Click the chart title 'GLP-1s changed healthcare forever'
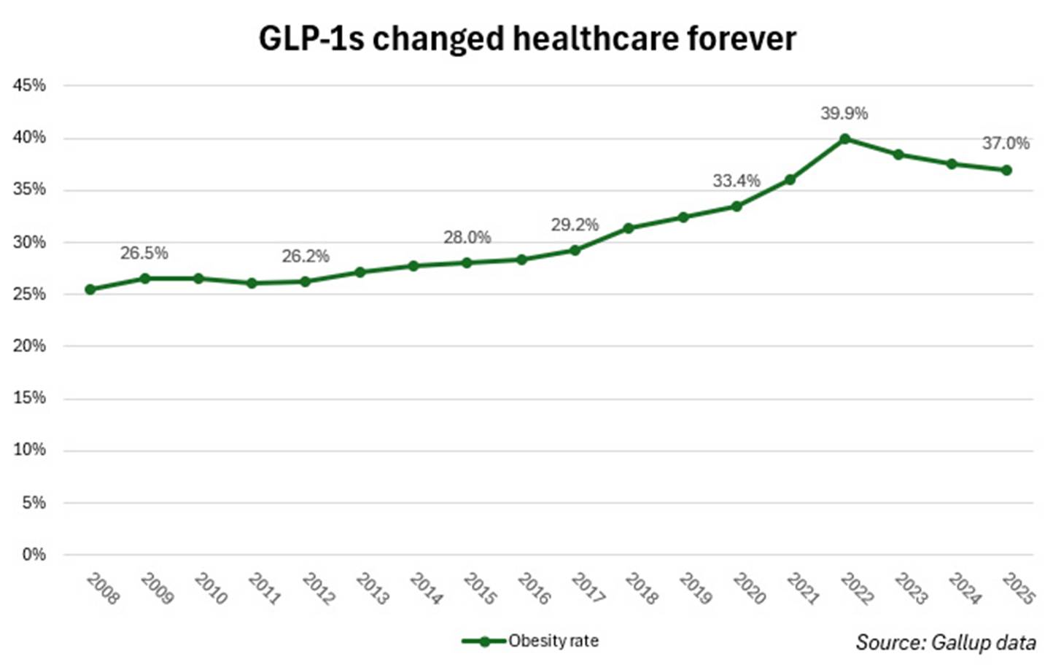(526, 38)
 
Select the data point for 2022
(844, 139)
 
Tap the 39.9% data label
(844, 114)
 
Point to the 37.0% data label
(1006, 144)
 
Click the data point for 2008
(90, 289)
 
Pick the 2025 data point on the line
(1006, 170)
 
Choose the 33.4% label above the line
(736, 181)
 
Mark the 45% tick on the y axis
(29, 85)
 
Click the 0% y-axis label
(34, 555)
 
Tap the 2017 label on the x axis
(588, 588)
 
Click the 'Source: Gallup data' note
(945, 642)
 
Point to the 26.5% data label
(144, 254)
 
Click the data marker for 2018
(629, 228)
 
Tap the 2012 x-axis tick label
(318, 588)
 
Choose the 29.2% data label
(574, 225)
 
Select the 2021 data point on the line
(790, 179)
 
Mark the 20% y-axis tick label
(29, 346)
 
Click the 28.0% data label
(467, 238)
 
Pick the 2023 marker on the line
(898, 155)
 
